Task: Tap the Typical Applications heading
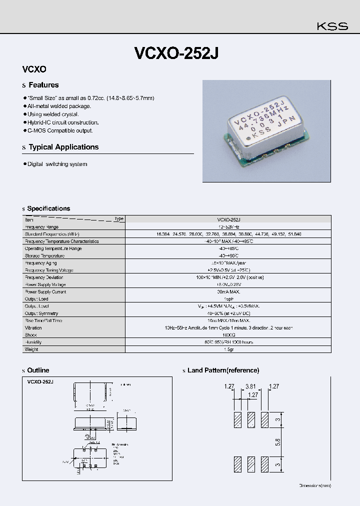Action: click(63, 147)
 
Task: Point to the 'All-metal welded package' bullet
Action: click(59, 106)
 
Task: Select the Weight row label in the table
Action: click(31, 349)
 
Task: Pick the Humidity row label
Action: click(33, 342)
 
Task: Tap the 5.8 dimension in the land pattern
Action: click(284, 442)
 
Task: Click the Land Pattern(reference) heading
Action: click(223, 370)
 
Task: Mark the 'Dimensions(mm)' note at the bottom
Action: click(314, 485)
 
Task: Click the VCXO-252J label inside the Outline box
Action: click(40, 381)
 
